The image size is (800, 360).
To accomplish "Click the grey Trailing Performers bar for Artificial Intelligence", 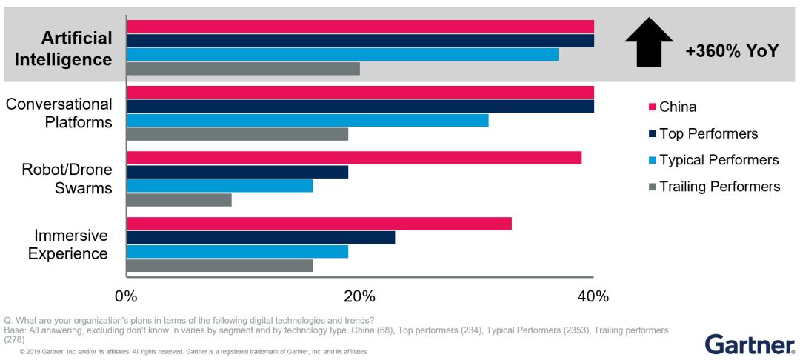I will pyautogui.click(x=243, y=69).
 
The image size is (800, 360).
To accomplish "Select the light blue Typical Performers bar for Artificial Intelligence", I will pyautogui.click(x=342, y=55).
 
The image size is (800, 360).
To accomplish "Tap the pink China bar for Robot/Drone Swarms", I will pyautogui.click(x=354, y=158).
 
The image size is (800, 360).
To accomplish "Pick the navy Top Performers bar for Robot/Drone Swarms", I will pyautogui.click(x=237, y=172).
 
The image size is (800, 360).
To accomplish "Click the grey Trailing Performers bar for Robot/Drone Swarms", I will pyautogui.click(x=179, y=200).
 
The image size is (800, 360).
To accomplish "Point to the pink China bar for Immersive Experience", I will pyautogui.click(x=319, y=224).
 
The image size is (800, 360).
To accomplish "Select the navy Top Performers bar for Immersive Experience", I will pyautogui.click(x=261, y=238).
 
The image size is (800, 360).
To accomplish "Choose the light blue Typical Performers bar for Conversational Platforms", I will pyautogui.click(x=307, y=120).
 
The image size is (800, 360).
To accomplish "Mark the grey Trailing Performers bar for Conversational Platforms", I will pyautogui.click(x=237, y=134).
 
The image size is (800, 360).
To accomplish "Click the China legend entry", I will pyautogui.click(x=677, y=107).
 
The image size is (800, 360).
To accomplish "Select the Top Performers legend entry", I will pyautogui.click(x=708, y=134).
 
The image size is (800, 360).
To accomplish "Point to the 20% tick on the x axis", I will pyautogui.click(x=359, y=297).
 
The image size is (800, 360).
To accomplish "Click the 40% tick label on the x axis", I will pyautogui.click(x=593, y=297).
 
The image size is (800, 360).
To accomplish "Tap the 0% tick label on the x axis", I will pyautogui.click(x=127, y=297).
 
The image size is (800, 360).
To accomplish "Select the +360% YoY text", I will pyautogui.click(x=732, y=51).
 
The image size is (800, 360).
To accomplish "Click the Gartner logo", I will pyautogui.click(x=749, y=344).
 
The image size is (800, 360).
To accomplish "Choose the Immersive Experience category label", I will pyautogui.click(x=67, y=244).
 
